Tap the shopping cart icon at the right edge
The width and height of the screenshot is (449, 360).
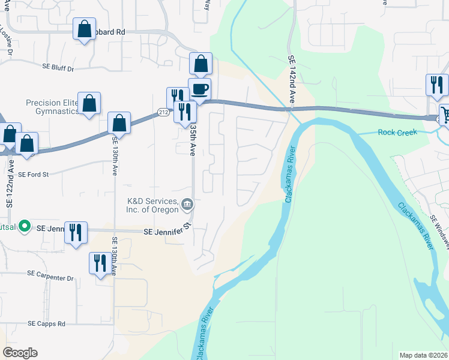pyautogui.click(x=445, y=114)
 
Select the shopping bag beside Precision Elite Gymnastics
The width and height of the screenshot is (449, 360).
pyautogui.click(x=89, y=104)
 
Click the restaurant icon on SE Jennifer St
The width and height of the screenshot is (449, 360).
pyautogui.click(x=76, y=232)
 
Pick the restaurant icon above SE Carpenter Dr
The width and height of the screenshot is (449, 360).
pyautogui.click(x=100, y=262)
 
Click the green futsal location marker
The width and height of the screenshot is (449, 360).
pyautogui.click(x=25, y=226)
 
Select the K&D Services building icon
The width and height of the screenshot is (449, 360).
pyautogui.click(x=187, y=205)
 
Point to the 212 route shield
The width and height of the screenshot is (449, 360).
pyautogui.click(x=163, y=112)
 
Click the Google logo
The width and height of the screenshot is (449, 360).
pyautogui.click(x=20, y=353)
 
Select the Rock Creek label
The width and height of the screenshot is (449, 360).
pyautogui.click(x=397, y=133)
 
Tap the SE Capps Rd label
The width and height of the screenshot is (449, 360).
pyautogui.click(x=46, y=323)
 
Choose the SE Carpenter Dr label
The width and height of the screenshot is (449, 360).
pyautogui.click(x=50, y=278)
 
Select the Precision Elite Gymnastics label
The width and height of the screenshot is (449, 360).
pyautogui.click(x=53, y=107)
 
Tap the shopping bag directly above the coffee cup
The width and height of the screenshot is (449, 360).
pyautogui.click(x=200, y=63)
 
